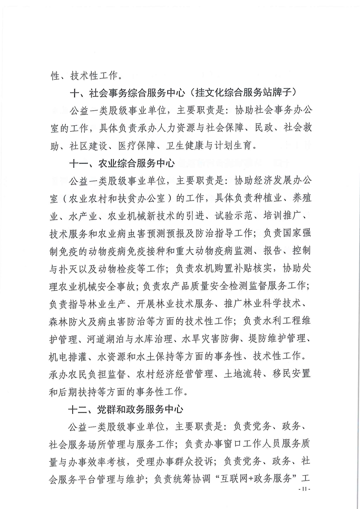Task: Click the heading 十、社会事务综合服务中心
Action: (128, 93)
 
